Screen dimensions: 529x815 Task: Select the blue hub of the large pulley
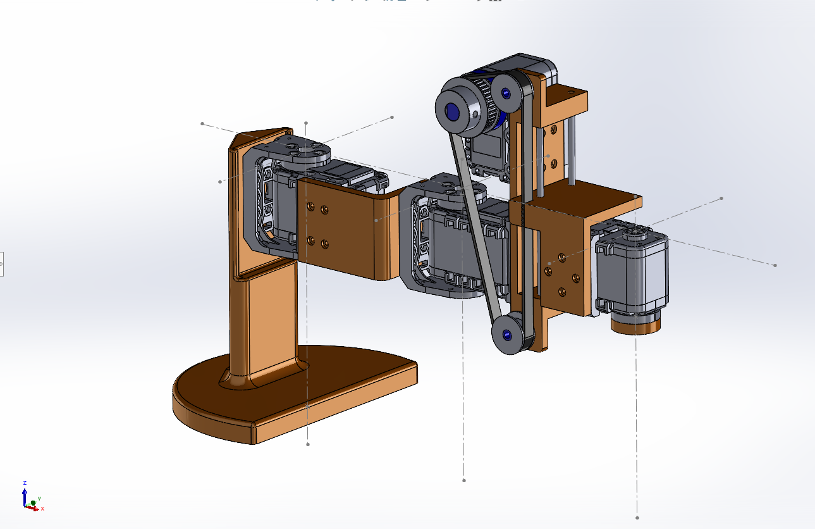[453, 112]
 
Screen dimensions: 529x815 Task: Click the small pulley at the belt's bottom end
[507, 334]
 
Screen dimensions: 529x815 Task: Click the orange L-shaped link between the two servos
[345, 234]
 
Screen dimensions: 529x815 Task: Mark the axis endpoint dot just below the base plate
[308, 444]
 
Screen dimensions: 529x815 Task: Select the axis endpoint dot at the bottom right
[637, 517]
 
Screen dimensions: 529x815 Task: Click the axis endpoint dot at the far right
[775, 265]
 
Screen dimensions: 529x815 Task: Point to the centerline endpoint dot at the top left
[202, 123]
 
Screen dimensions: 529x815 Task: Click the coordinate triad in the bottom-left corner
[32, 500]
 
